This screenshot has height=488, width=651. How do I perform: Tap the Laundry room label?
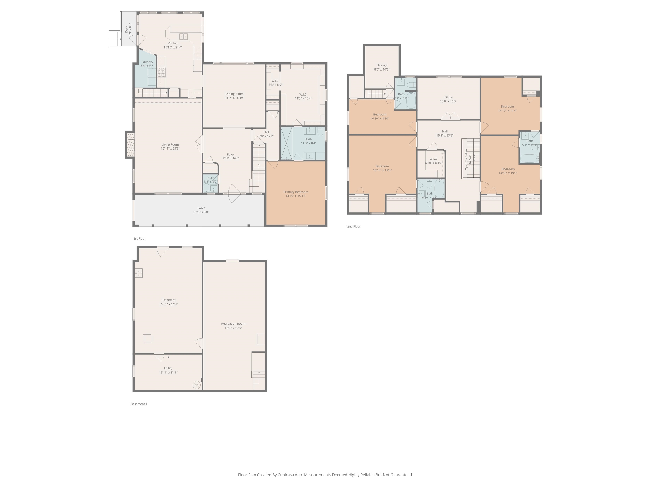click(147, 62)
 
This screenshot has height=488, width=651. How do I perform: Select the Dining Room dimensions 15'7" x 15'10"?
click(235, 98)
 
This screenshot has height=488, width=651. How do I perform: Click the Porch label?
click(201, 208)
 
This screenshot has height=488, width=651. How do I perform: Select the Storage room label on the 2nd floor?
click(382, 65)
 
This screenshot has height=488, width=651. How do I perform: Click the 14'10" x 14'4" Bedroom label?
click(507, 107)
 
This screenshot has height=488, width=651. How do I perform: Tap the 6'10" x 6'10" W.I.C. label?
click(433, 159)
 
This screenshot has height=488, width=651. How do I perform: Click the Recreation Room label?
click(233, 324)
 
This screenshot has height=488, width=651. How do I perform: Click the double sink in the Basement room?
click(139, 273)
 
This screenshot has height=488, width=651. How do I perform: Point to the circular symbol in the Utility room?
click(196, 385)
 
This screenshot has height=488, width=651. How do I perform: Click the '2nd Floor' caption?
click(354, 226)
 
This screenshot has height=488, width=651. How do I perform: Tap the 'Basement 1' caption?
click(139, 404)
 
